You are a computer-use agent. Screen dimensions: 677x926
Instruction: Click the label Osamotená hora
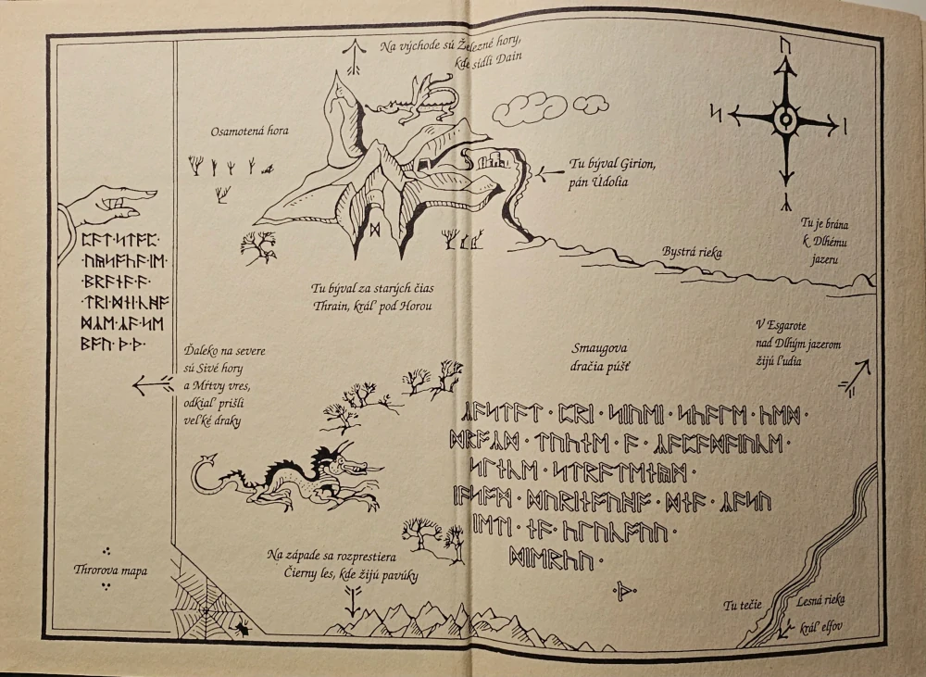[249, 132]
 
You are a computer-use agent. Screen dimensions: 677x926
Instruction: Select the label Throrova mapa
[110, 570]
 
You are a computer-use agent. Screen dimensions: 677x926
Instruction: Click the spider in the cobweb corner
[242, 627]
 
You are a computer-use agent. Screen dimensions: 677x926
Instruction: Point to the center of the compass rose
[786, 119]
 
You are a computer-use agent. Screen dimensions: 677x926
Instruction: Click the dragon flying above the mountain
[415, 99]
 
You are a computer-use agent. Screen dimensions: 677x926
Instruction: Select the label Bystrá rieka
[692, 251]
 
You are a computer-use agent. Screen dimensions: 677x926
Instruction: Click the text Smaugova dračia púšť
[601, 357]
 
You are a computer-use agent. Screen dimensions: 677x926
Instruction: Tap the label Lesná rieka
[821, 601]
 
